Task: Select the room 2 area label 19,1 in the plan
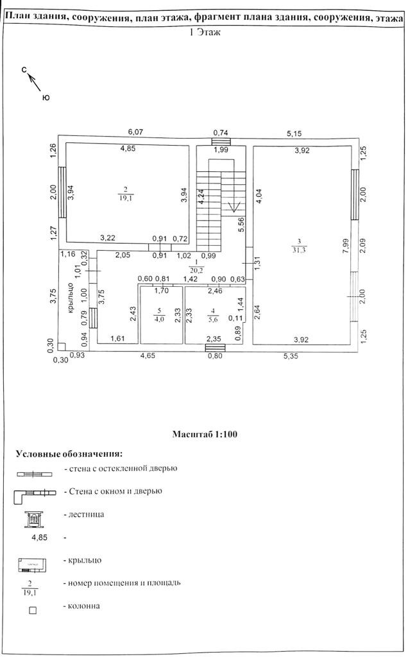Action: coord(126,194)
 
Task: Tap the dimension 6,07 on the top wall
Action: coord(135,132)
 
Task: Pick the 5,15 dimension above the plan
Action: coord(294,133)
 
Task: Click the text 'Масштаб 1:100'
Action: coord(205,434)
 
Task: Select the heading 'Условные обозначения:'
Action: coord(69,454)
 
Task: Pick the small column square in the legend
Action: coord(33,610)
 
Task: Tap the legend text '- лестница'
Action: coord(83,515)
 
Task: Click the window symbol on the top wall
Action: coord(221,141)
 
